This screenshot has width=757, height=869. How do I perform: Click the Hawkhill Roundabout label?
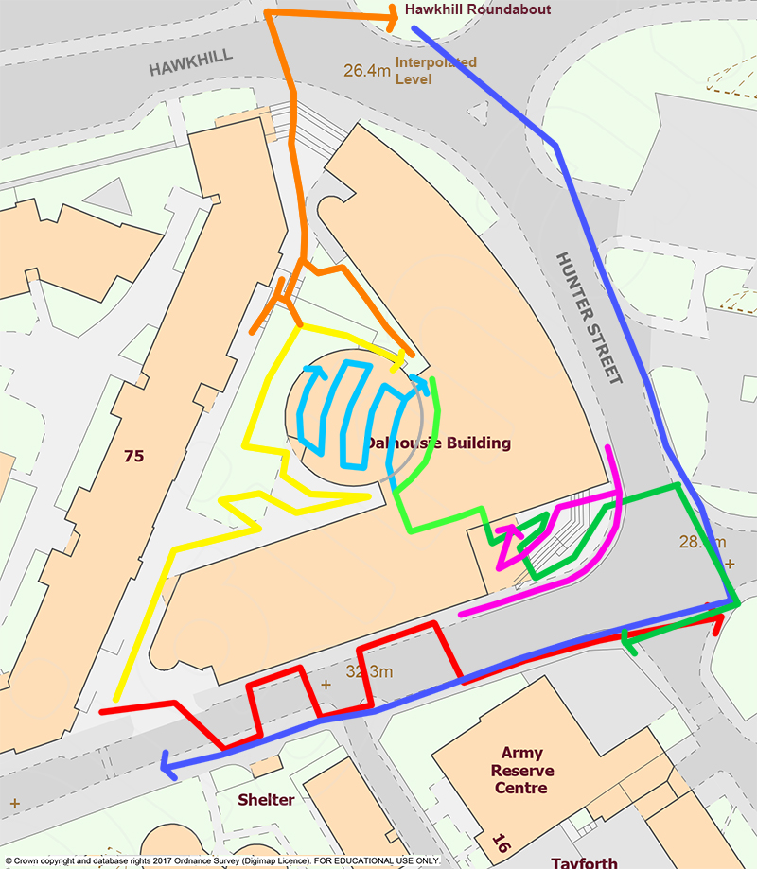coord(477,10)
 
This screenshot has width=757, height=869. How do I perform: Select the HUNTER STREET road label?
coord(589,317)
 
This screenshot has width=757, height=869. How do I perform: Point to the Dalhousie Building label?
coord(439,443)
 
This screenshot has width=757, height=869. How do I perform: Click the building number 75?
coord(133,456)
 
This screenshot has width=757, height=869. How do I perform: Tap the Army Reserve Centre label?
coord(521,771)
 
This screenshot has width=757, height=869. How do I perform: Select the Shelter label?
coord(266,800)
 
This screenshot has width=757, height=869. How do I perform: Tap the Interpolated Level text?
coord(435,71)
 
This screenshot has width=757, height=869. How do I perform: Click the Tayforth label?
coord(584,862)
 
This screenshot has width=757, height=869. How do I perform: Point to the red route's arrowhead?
coord(719,619)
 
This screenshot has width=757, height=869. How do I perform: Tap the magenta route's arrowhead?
coord(502,533)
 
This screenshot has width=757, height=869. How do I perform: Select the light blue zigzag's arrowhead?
coord(416,380)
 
